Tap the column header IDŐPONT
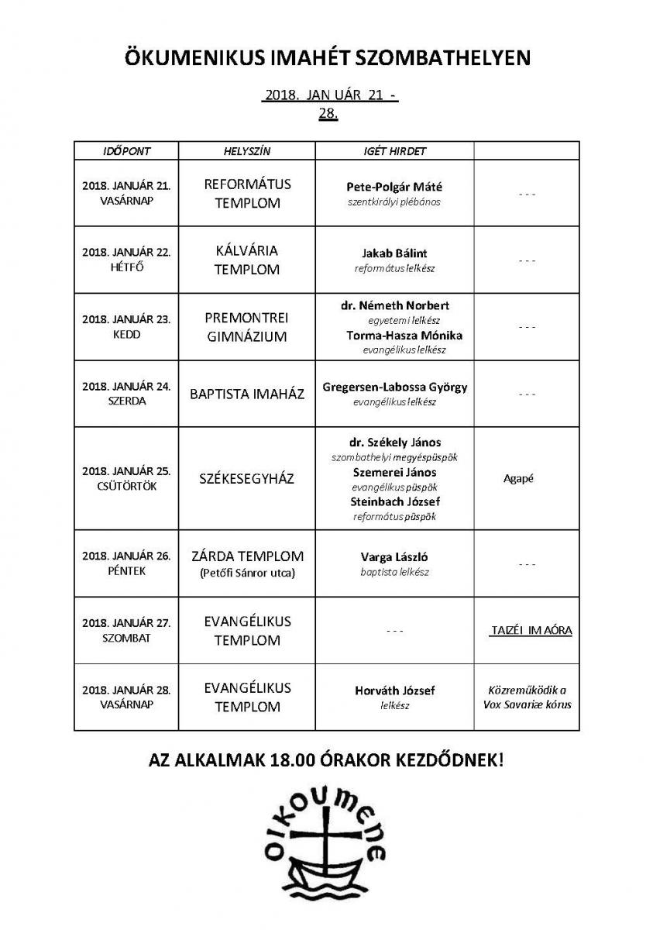tap(126, 151)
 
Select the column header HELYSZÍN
tap(247, 151)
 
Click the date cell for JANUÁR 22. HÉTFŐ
tap(126, 260)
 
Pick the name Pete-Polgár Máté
tap(394, 187)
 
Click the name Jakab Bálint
tap(394, 253)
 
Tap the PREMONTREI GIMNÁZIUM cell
tap(247, 327)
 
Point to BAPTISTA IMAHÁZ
tap(247, 394)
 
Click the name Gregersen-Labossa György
tap(394, 387)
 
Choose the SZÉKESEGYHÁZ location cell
tap(247, 478)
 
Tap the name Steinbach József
tap(394, 501)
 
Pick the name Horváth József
tap(394, 691)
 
